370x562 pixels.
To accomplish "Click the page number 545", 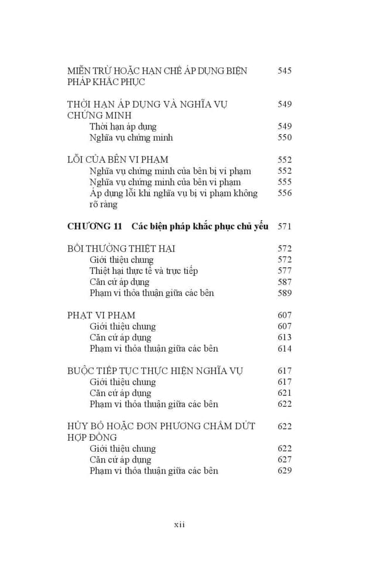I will pos(285,71).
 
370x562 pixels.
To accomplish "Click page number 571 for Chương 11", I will pos(285,227).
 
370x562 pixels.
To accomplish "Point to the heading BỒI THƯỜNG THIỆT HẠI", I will pos(121,249).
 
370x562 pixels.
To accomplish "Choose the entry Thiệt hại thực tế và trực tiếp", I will pos(143,270).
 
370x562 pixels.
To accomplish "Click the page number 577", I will pos(285,270).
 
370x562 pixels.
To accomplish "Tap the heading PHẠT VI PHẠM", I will pos(101,316).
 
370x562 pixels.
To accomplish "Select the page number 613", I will pos(285,338).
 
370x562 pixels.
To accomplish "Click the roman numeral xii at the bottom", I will pos(179,525).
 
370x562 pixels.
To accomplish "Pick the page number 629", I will pos(285,471).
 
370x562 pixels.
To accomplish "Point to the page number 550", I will pos(285,138).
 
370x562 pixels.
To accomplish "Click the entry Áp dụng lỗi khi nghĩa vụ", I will pos(173,193).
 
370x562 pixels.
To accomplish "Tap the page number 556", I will pos(285,193).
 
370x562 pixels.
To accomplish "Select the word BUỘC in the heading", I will pos(83,371).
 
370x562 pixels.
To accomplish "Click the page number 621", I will pos(285,393).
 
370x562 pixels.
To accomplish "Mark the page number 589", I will pos(285,293).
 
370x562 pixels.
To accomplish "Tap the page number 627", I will pos(285,460).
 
